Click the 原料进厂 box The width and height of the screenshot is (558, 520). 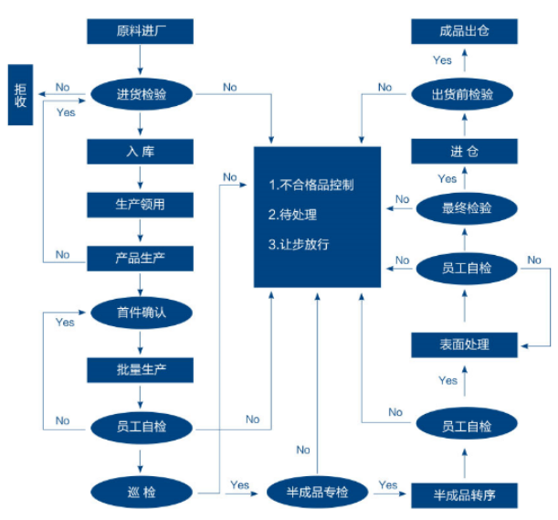point(141,32)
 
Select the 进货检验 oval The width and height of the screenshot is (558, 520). point(141,94)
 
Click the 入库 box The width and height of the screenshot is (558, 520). point(141,149)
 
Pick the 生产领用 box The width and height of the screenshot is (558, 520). point(141,204)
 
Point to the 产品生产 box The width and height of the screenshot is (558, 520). point(141,259)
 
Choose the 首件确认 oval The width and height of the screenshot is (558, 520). point(141,313)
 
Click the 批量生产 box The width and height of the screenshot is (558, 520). point(141,369)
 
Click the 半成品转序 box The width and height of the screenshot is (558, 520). point(465,495)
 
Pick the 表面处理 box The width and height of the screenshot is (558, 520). point(465,345)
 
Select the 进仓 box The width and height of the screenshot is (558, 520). point(465,151)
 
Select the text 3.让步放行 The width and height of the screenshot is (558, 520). point(299,245)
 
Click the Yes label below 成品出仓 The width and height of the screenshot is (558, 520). point(442,60)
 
